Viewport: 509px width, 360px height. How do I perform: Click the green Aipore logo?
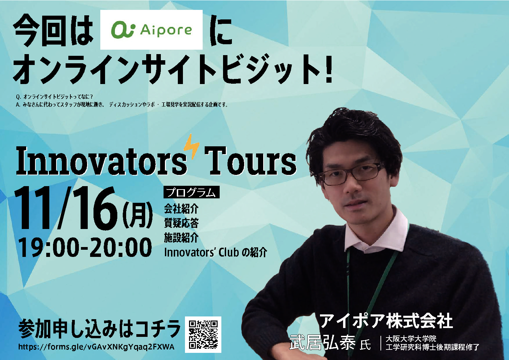[x=151, y=30]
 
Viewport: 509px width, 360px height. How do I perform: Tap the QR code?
[x=203, y=334]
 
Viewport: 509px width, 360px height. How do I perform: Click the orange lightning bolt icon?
[x=191, y=146]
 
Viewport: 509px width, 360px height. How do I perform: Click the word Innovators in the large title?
[x=101, y=161]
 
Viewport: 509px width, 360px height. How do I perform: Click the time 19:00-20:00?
[x=85, y=247]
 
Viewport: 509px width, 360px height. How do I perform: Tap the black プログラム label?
[x=191, y=192]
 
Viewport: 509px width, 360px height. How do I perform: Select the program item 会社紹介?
[x=181, y=209]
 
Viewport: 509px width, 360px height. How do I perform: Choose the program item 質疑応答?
[x=181, y=223]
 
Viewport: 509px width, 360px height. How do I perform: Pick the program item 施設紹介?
[x=181, y=238]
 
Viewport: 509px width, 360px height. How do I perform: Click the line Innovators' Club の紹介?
[x=216, y=252]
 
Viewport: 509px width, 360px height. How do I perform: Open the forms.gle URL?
[x=96, y=347]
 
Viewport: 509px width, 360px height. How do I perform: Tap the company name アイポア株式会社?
[x=386, y=321]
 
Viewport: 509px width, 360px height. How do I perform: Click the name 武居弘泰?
[x=322, y=342]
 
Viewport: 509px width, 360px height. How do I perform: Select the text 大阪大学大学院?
[x=411, y=339]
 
